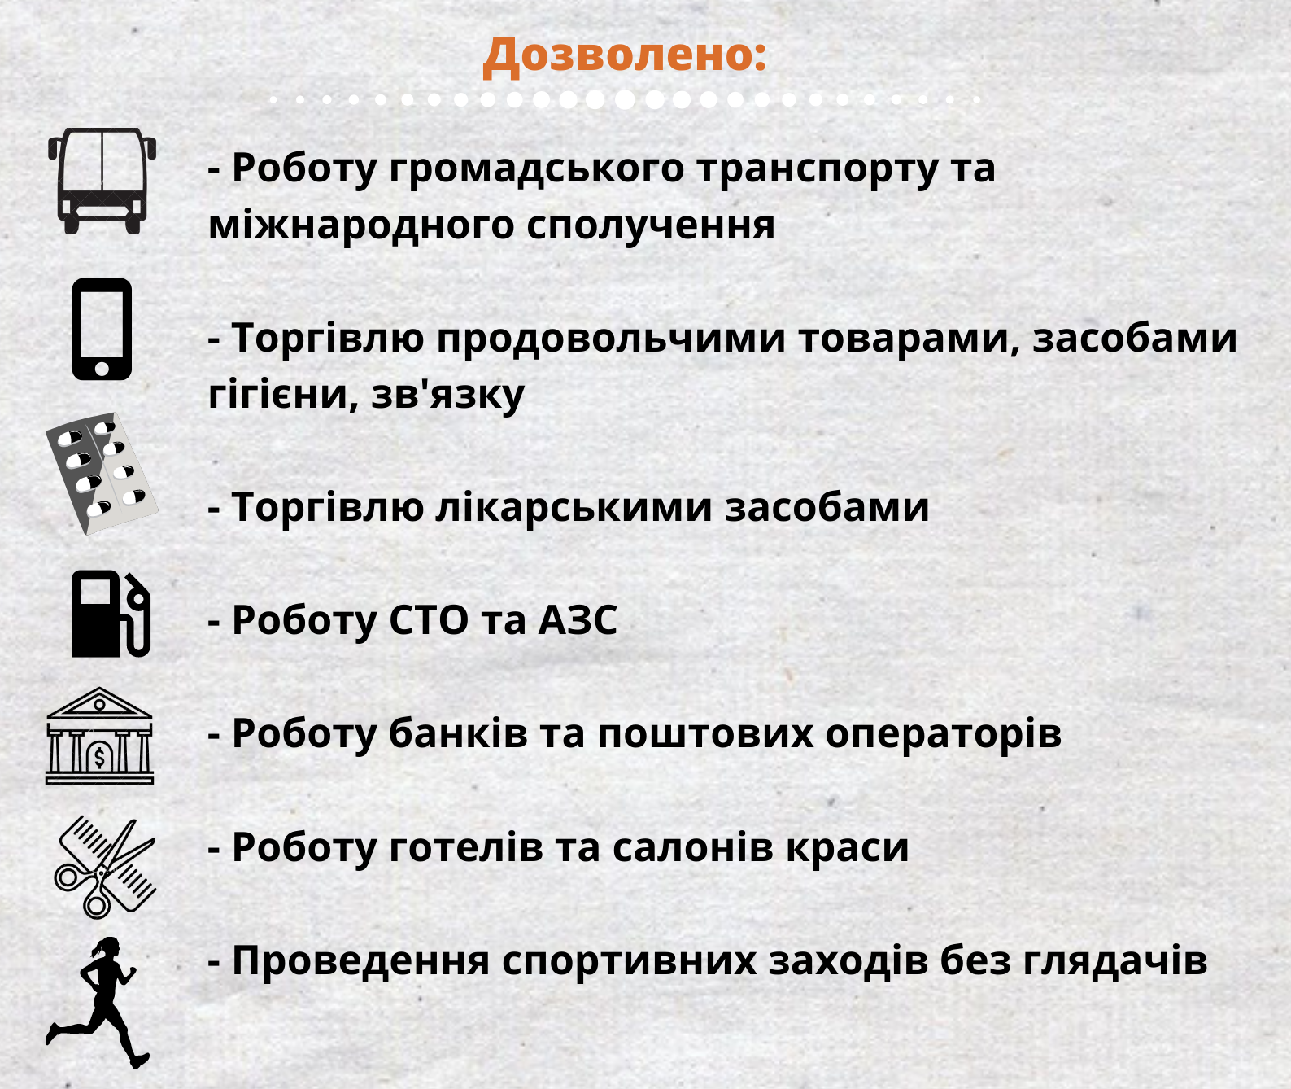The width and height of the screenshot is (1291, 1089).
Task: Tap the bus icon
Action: (x=102, y=181)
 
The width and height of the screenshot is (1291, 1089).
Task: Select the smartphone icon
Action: (x=102, y=329)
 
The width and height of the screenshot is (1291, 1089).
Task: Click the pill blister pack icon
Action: (x=102, y=474)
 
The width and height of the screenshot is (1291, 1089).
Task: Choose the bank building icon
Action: (x=99, y=736)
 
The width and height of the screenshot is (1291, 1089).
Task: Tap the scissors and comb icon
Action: (x=105, y=868)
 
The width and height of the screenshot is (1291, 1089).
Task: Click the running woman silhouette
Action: (x=96, y=1004)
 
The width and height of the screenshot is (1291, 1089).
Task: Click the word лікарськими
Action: (x=574, y=508)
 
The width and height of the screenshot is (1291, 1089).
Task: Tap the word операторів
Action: (x=944, y=735)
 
